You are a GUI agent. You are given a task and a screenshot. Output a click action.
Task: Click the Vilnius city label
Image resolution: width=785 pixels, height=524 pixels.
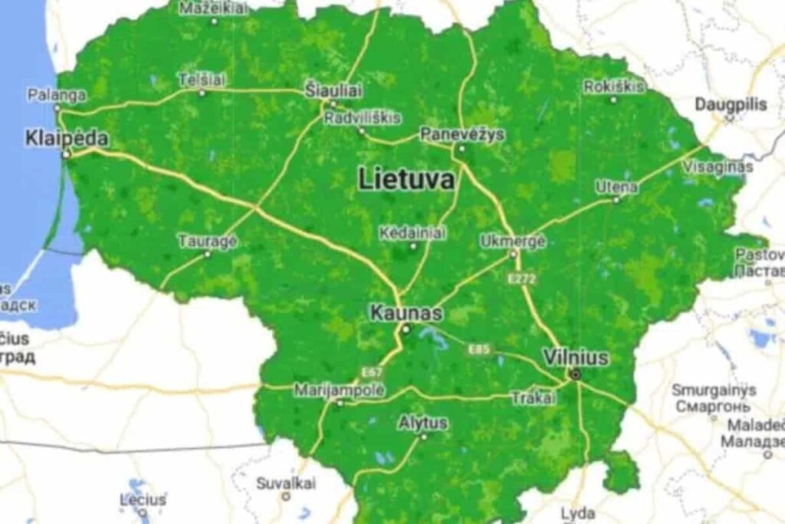point(575,358)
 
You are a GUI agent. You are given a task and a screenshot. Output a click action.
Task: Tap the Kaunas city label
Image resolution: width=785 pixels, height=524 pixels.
point(406,313)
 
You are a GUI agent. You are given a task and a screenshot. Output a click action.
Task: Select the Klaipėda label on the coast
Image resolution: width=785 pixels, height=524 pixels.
point(67,139)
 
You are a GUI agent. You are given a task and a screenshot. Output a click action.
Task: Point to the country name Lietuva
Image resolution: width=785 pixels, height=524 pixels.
point(406,180)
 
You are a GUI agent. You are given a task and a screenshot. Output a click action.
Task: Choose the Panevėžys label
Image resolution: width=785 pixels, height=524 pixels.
point(462,134)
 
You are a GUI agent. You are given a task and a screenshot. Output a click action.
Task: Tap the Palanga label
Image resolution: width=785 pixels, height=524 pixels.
point(57,95)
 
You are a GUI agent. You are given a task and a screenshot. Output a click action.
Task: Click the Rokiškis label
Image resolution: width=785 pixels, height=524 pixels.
point(614,86)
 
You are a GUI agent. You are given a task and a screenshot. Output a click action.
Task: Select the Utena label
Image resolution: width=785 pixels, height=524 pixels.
point(617,187)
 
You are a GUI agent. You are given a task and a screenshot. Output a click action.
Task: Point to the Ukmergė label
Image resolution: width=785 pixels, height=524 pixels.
point(513,241)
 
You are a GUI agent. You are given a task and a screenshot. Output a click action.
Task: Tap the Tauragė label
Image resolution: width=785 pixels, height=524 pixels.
point(208,241)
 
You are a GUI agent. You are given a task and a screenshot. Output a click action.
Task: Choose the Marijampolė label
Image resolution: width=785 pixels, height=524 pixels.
point(340,390)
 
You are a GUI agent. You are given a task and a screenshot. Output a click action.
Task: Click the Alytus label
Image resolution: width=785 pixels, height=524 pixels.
point(423,423)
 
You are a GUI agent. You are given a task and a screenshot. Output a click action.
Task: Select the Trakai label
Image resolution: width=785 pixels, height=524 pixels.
point(534,397)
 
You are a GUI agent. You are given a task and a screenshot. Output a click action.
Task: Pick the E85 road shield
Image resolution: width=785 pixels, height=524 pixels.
point(479,350)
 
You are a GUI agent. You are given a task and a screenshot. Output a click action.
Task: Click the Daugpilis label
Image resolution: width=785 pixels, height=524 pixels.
point(731,105)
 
